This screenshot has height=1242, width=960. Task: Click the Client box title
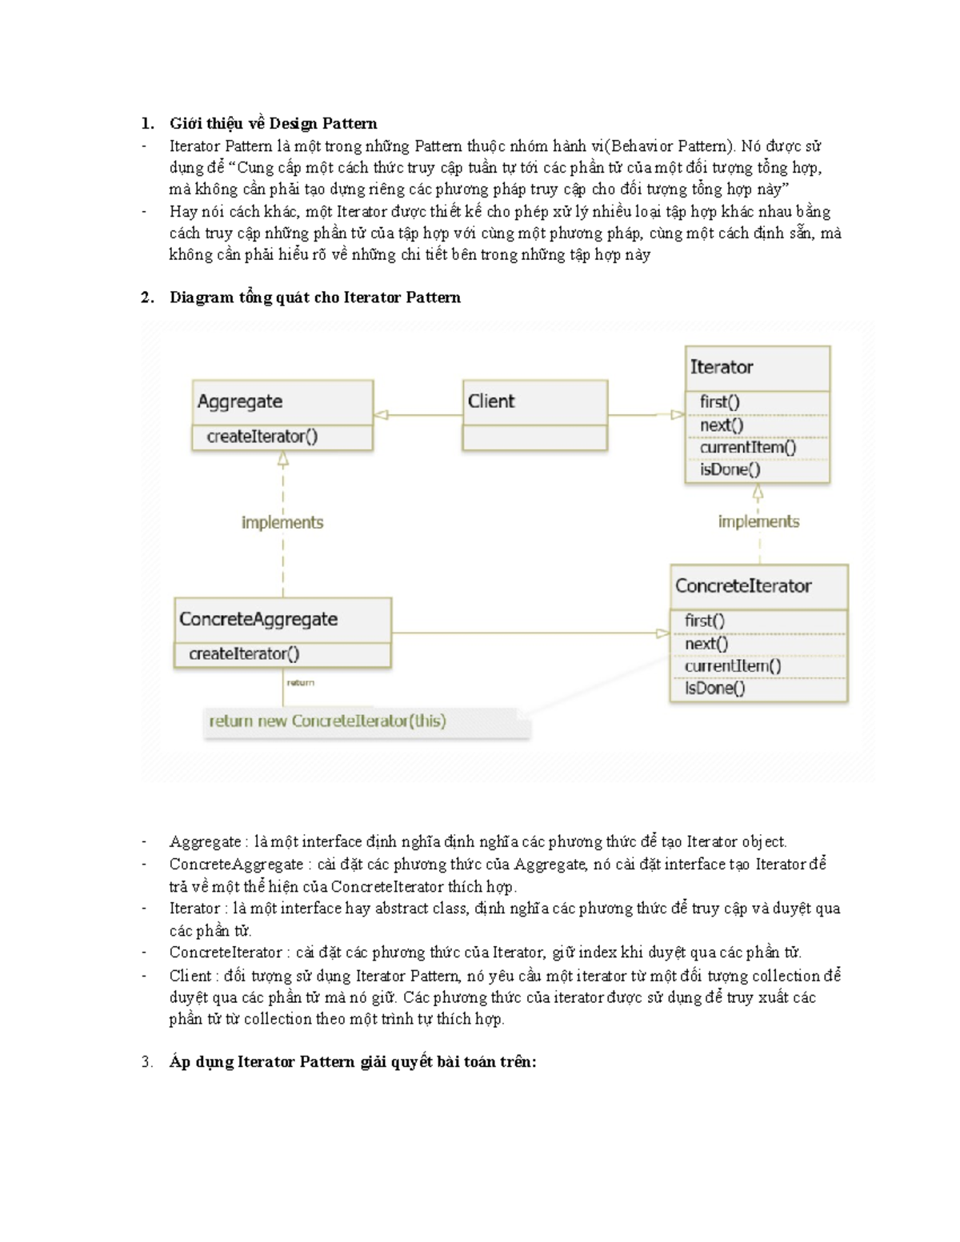[x=491, y=401]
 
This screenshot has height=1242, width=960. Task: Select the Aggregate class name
[x=240, y=401]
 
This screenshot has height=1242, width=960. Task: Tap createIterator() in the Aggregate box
[x=262, y=437]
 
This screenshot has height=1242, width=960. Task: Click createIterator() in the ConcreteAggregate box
[x=244, y=653]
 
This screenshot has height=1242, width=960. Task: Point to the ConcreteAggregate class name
[x=258, y=619]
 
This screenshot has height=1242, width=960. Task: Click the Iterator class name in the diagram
[x=722, y=367]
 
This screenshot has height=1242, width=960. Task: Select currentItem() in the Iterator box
[x=748, y=447]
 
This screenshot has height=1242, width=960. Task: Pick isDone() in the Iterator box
[x=730, y=469]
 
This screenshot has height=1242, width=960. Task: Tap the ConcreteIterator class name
[x=743, y=585]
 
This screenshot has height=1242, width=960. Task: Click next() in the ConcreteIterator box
[x=706, y=643]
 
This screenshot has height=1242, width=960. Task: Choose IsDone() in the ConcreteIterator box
[x=714, y=688]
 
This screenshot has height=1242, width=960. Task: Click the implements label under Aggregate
[x=282, y=522]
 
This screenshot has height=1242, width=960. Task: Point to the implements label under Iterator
[x=758, y=521]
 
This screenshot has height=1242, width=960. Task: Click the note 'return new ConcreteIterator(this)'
[x=327, y=721]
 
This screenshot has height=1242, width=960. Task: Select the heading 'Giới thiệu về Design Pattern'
[x=273, y=123]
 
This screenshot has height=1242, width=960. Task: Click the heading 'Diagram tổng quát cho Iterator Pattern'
[x=314, y=298]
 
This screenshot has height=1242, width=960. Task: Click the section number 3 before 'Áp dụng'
[x=146, y=1062]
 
